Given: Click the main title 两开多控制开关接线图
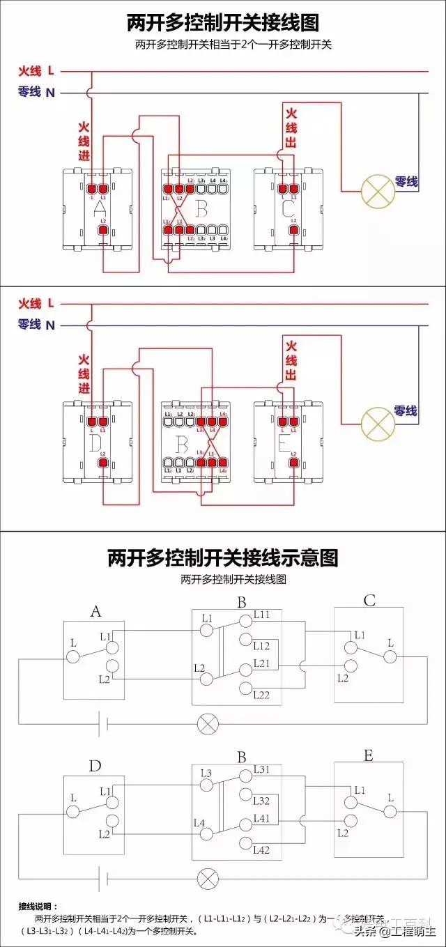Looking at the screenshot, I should (x=222, y=23).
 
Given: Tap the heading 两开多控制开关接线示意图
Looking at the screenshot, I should (x=222, y=557).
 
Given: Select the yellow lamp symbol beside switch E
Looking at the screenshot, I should (x=376, y=422).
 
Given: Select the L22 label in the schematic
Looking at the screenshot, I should (x=261, y=695).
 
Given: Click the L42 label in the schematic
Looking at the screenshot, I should (x=261, y=849).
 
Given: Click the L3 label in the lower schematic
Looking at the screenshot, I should (x=206, y=773).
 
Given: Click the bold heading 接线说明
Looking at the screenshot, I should (x=38, y=906).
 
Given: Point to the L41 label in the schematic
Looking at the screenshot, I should (x=261, y=817).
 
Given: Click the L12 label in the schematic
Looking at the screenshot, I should (x=261, y=646).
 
